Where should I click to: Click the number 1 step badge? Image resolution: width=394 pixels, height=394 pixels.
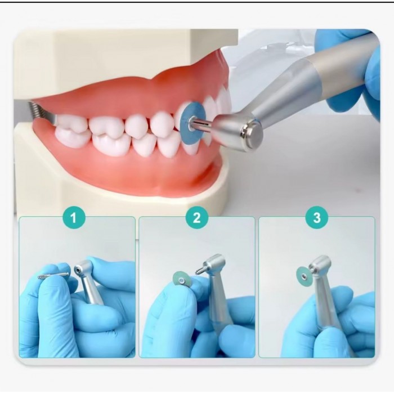74,218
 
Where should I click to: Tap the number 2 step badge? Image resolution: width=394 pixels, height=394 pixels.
197,218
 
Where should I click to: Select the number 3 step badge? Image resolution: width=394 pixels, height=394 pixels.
316,218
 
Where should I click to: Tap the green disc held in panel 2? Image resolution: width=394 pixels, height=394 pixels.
182,280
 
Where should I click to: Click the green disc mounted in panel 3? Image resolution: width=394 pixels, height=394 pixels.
303,276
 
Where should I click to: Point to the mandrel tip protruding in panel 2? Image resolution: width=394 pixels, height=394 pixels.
200,271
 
